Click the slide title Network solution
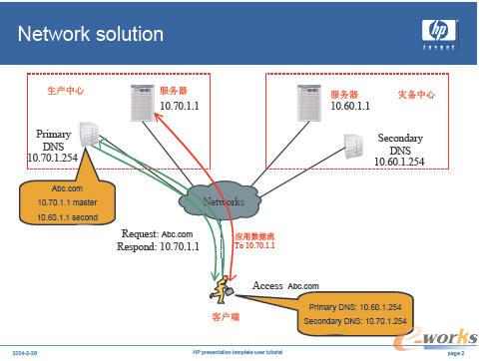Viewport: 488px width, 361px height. pyautogui.click(x=91, y=34)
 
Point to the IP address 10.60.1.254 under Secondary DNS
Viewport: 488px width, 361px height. pyautogui.click(x=407, y=161)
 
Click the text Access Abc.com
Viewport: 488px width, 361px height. pyautogui.click(x=287, y=284)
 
